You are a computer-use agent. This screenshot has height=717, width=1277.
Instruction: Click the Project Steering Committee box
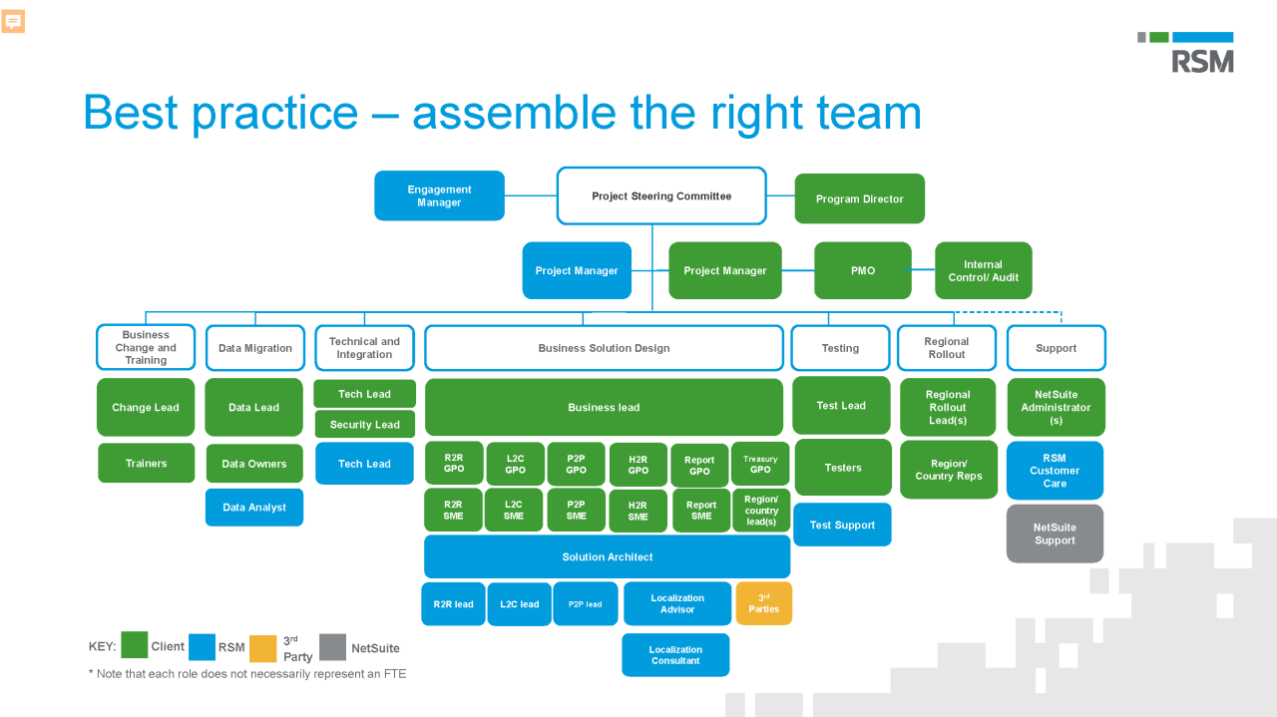tap(661, 195)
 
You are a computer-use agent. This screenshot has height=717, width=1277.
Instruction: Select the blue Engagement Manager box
tap(439, 195)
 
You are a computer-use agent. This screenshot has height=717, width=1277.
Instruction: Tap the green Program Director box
tap(859, 198)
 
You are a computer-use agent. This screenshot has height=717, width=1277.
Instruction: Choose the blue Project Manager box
tap(577, 270)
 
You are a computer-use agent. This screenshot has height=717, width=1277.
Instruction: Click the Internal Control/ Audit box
tap(983, 270)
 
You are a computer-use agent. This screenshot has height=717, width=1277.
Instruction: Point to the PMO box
tap(862, 270)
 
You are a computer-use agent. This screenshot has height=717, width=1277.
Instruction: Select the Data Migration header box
tap(254, 348)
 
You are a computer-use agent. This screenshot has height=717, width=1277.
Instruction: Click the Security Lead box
tap(364, 424)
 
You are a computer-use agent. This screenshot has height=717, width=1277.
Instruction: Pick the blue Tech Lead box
tap(364, 464)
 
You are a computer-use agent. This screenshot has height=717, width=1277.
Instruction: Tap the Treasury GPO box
tap(760, 464)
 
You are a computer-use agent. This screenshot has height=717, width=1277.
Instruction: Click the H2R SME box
tap(638, 511)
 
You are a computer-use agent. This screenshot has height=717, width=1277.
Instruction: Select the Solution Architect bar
tap(607, 556)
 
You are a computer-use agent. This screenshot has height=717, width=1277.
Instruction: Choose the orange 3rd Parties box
tap(764, 603)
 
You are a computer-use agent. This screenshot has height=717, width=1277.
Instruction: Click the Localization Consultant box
tap(675, 655)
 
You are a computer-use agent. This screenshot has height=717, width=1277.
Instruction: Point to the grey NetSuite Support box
tap(1055, 534)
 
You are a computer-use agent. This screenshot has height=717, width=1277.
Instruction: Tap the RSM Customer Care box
tap(1055, 471)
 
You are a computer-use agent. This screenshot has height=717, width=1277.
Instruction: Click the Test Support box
tap(842, 525)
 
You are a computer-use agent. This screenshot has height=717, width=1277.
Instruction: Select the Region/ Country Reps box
tap(948, 470)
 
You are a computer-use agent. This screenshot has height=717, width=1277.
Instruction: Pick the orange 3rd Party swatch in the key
tap(262, 648)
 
